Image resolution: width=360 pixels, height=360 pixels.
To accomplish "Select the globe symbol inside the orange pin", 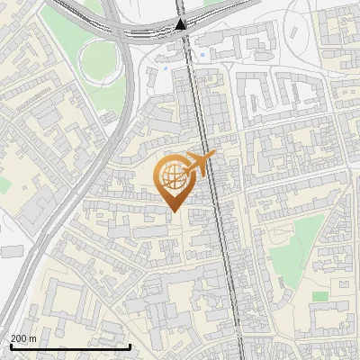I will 173,177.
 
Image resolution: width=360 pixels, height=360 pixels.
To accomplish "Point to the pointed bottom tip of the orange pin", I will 173,212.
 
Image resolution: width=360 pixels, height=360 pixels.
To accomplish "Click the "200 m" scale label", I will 23,338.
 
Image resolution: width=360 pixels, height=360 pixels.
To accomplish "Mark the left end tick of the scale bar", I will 9,346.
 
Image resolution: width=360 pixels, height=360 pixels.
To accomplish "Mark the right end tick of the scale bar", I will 130,346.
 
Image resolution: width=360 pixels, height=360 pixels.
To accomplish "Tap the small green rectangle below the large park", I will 319,295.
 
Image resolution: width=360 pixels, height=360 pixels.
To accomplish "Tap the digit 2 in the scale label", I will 14,338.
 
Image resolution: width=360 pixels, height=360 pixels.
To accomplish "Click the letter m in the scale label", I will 33,339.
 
